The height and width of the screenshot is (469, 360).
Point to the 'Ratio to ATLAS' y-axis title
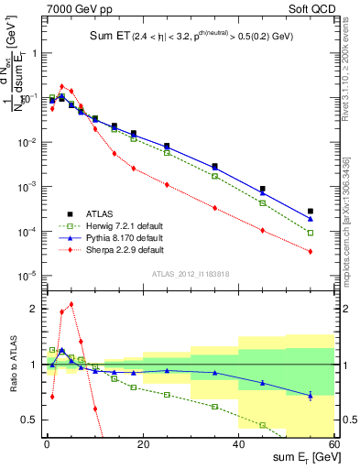[x=12, y=365]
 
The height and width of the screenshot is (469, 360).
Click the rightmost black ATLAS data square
[x=311, y=212]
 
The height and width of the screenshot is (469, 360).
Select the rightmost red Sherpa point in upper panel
[x=311, y=251]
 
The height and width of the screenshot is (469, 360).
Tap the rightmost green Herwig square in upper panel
[x=311, y=233]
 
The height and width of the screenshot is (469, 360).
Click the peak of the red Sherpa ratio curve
[x=71, y=304]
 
